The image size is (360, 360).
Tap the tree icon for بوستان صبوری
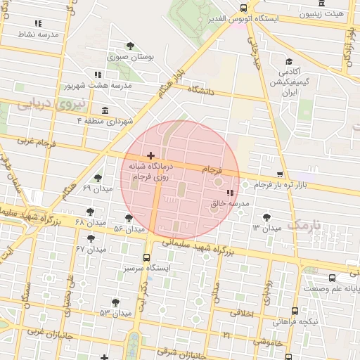pyautogui.click(x=130, y=46)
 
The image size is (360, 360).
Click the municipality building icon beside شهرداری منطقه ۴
pyautogui.click(x=105, y=110)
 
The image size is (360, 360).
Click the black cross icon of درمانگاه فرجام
pyautogui.click(x=150, y=155)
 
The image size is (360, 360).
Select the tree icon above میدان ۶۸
pyautogui.click(x=89, y=211)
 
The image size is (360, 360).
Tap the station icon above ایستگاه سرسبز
pyautogui.click(x=147, y=257)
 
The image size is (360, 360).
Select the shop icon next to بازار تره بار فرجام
pyautogui.click(x=280, y=174)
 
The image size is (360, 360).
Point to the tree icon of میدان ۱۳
pyautogui.click(x=266, y=217)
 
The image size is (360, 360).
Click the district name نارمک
pyautogui.click(x=304, y=226)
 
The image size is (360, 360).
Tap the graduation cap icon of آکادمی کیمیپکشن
pyautogui.click(x=289, y=62)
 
